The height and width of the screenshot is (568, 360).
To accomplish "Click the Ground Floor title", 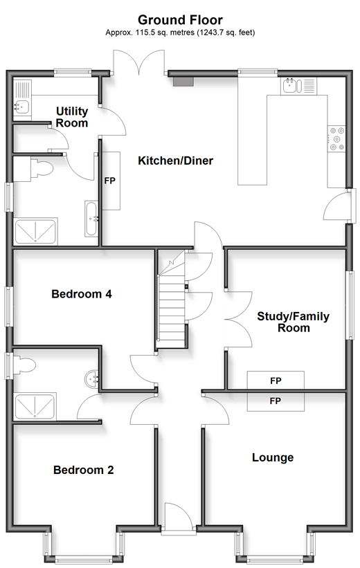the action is [180, 19].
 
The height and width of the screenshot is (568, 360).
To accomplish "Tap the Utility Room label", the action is [72, 117].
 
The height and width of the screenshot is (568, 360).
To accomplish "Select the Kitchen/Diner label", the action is [175, 161].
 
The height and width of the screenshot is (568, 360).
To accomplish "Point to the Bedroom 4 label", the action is [82, 294].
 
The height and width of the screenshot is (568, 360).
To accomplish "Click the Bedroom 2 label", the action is [83, 470].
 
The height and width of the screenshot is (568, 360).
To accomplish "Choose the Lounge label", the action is [273, 457].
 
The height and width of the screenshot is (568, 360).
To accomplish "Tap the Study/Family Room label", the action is [294, 322].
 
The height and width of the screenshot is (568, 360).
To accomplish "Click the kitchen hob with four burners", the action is [336, 138].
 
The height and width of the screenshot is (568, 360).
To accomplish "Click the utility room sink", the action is [22, 100].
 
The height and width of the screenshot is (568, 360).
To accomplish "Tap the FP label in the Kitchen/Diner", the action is [110, 181].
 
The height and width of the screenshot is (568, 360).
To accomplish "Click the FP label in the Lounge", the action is [276, 401].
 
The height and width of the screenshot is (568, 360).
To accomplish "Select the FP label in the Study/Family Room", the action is [276, 381].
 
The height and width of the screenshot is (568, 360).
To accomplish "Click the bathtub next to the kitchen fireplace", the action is [91, 219].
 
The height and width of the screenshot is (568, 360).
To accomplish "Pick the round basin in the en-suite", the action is [91, 379].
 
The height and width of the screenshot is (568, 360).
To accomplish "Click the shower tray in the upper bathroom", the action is [35, 231].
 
